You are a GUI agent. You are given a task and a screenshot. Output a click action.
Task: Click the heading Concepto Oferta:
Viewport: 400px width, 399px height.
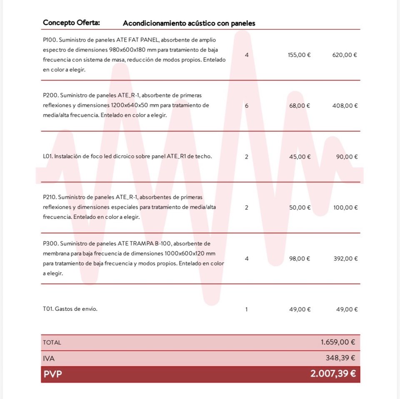pos(71,22)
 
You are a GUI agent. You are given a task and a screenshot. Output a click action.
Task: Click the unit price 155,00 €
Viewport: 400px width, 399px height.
pos(299,55)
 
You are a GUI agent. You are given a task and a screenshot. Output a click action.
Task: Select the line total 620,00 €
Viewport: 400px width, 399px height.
pos(345,55)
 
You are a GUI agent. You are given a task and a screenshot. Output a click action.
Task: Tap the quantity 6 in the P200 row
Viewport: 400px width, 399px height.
pos(247,106)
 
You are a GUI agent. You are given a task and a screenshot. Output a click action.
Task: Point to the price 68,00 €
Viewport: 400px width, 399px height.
pos(300,106)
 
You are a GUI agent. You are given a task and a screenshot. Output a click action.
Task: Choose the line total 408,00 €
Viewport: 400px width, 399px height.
pos(345,106)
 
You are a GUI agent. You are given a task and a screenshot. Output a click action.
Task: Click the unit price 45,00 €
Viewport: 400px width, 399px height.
pos(300,157)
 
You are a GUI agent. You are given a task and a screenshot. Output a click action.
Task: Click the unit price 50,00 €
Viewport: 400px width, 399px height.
pos(300,208)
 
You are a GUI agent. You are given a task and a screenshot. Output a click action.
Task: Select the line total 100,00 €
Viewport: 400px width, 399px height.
pos(345,208)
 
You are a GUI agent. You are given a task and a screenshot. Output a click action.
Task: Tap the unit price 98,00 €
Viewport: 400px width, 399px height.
pos(300,258)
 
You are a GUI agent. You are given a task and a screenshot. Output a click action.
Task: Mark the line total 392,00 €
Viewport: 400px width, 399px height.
pos(345,258)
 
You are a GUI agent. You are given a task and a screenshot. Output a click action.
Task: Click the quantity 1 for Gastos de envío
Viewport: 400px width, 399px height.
pos(247,310)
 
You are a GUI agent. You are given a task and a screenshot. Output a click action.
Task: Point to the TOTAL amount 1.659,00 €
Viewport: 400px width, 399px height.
pos(337,342)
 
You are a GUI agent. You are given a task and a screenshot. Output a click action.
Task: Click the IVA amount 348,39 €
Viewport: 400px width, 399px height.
pos(340,358)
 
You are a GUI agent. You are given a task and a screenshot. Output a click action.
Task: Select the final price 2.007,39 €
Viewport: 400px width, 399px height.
pos(332,374)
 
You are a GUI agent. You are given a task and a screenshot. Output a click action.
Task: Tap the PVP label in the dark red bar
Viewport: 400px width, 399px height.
pos(52,374)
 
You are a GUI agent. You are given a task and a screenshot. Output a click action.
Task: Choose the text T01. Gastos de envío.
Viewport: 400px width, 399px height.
pos(70,309)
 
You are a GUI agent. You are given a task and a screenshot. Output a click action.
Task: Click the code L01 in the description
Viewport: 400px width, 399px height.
pos(48,157)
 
